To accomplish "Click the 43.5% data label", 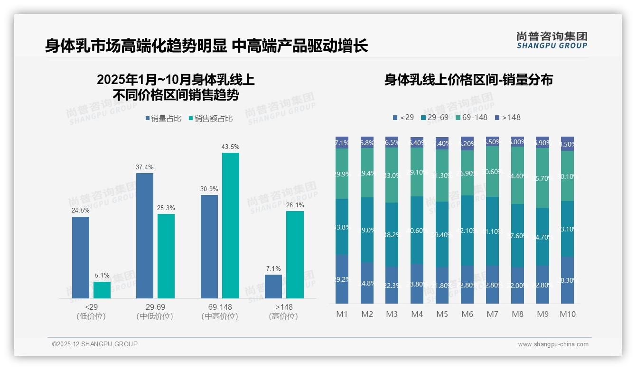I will click(x=230, y=147).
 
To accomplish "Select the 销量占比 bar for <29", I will click(x=81, y=258).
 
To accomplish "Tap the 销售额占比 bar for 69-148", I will click(x=230, y=225).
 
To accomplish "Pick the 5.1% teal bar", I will click(x=102, y=290).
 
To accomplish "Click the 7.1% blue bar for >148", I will click(x=273, y=287).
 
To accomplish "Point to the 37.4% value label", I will click(x=145, y=167).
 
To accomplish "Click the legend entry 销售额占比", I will click(x=210, y=119).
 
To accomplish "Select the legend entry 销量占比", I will click(x=163, y=119).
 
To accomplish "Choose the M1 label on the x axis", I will click(x=342, y=314).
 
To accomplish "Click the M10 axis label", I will click(x=567, y=314).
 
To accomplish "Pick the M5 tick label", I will click(x=442, y=314).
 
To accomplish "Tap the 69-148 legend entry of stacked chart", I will click(x=471, y=117).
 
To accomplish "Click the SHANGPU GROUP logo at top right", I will click(x=552, y=40).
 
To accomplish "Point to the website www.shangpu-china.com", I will click(x=553, y=344).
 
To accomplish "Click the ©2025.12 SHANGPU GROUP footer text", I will click(x=95, y=344).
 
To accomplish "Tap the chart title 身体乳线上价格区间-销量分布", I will click(x=468, y=80).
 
